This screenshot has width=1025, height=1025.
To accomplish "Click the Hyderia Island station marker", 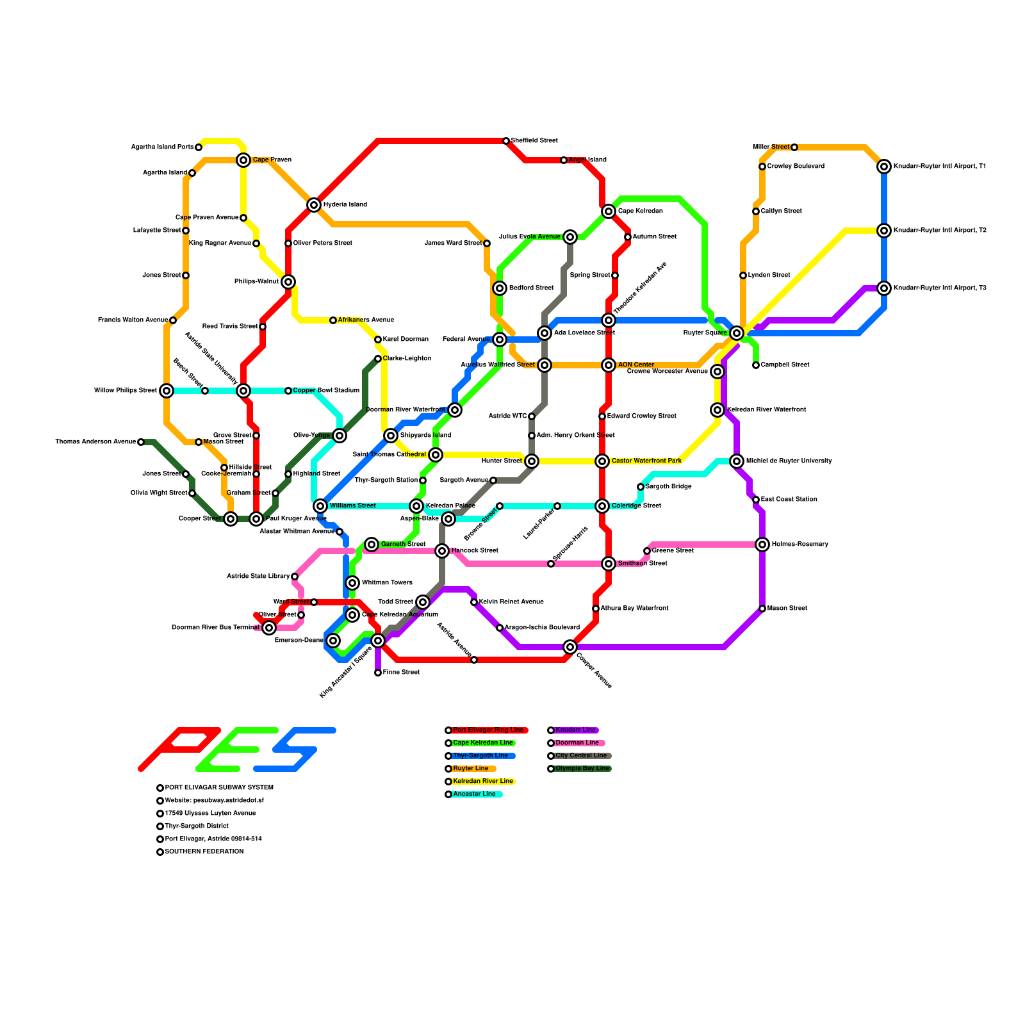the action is point(314,205).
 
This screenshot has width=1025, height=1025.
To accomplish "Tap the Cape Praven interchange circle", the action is point(243,160).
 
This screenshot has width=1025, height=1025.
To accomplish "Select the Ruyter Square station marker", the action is point(737,333).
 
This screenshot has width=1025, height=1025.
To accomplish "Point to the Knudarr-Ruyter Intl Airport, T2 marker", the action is point(884,231).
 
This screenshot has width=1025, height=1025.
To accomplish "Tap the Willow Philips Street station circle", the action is point(167,391).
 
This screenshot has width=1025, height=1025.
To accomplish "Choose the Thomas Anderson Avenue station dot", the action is point(141,442).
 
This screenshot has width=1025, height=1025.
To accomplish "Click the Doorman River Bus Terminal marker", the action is point(269,628).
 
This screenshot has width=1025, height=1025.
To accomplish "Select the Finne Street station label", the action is point(401,673).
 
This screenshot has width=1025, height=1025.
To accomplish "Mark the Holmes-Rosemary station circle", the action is point(762,545).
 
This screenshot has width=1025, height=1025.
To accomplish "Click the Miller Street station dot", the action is point(794,147).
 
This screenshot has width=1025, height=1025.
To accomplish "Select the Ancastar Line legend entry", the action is point(474,794).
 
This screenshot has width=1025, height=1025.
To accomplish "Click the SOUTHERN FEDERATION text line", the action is point(204,852).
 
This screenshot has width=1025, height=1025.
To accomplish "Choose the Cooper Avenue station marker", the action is point(570,647).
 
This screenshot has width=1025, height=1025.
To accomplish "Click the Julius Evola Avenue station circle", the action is point(570,237).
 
